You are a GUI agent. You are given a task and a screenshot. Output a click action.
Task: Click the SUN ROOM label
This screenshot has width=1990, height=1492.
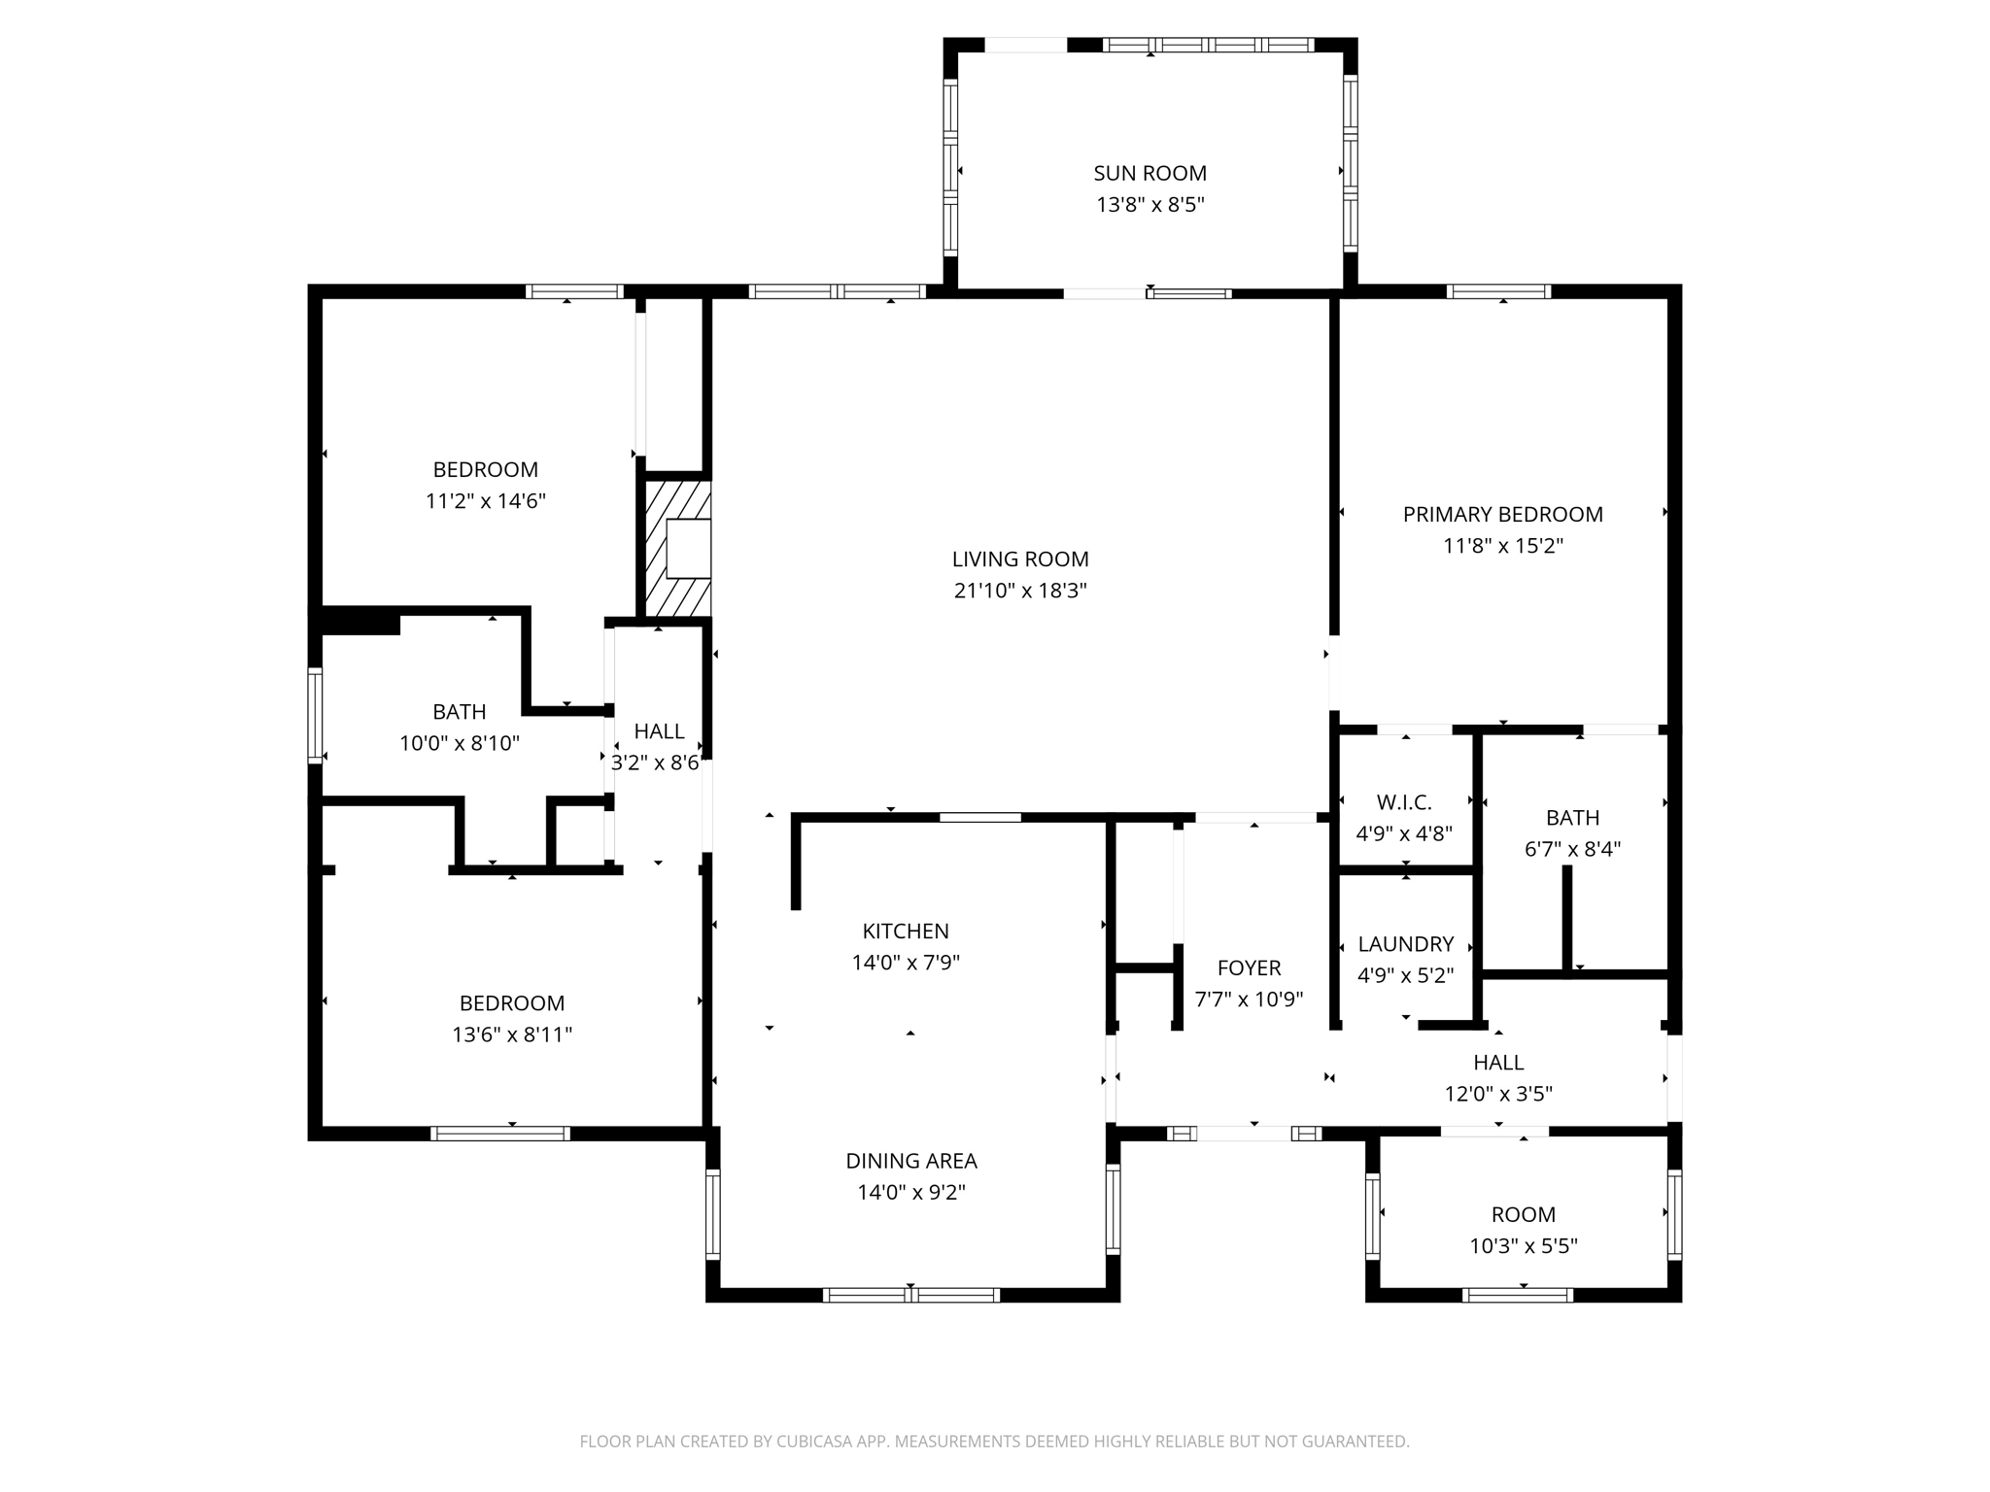pos(1149,173)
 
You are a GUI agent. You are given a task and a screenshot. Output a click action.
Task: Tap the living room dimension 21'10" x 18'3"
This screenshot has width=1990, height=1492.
pos(1019,591)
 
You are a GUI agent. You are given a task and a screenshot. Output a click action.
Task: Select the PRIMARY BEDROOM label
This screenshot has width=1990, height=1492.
pos(1502,514)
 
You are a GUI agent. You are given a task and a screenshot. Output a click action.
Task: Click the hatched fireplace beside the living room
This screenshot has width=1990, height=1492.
pos(678,549)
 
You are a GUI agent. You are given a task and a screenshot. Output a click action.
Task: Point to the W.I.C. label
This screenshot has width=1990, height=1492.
pos(1404,802)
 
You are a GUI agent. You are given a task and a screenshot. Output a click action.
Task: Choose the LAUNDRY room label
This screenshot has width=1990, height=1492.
pos(1405,944)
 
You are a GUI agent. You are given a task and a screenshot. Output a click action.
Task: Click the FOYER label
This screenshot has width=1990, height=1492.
pos(1249,967)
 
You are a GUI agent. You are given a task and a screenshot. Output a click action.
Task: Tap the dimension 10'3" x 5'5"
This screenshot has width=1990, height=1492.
pos(1523,1246)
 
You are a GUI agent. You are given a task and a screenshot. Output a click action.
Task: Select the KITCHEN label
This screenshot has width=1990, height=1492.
pos(906,931)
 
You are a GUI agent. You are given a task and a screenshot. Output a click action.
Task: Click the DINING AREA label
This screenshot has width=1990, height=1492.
pos(910,1161)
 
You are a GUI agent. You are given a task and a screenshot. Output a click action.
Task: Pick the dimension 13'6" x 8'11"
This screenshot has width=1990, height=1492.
pos(511,1034)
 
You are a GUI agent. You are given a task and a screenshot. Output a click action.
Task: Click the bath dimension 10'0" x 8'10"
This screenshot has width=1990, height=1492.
pos(460,744)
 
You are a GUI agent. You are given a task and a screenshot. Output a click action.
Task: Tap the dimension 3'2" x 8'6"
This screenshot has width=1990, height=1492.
pos(656,763)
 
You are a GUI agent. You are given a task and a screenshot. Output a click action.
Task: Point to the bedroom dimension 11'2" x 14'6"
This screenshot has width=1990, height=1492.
pos(485,501)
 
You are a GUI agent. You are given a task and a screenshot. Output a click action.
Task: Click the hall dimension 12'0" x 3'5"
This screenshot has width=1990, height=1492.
pos(1497,1094)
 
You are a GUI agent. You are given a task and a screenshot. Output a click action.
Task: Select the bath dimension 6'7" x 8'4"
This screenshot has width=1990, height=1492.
pos(1572,849)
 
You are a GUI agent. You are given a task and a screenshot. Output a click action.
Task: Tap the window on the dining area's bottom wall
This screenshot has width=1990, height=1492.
pos(910,1294)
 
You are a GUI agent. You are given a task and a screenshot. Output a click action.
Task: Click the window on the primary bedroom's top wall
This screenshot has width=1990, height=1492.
pos(1497,291)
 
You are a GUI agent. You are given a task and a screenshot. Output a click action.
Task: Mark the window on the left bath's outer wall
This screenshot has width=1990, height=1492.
pos(315,714)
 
